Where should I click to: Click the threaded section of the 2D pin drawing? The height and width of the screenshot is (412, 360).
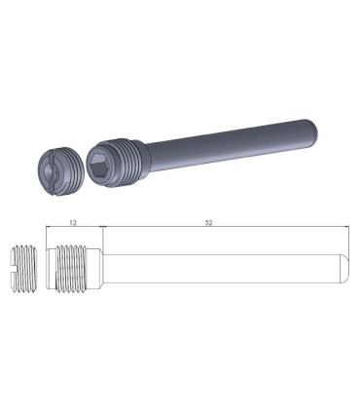click(73, 268)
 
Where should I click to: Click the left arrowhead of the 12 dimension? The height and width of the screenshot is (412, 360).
click(50, 229)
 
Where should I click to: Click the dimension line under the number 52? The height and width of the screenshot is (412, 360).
click(224, 229)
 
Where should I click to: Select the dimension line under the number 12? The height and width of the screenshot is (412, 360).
click(74, 229)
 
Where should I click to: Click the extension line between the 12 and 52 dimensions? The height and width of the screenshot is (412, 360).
click(100, 234)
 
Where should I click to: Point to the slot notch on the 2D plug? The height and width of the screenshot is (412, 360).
click(14, 268)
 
